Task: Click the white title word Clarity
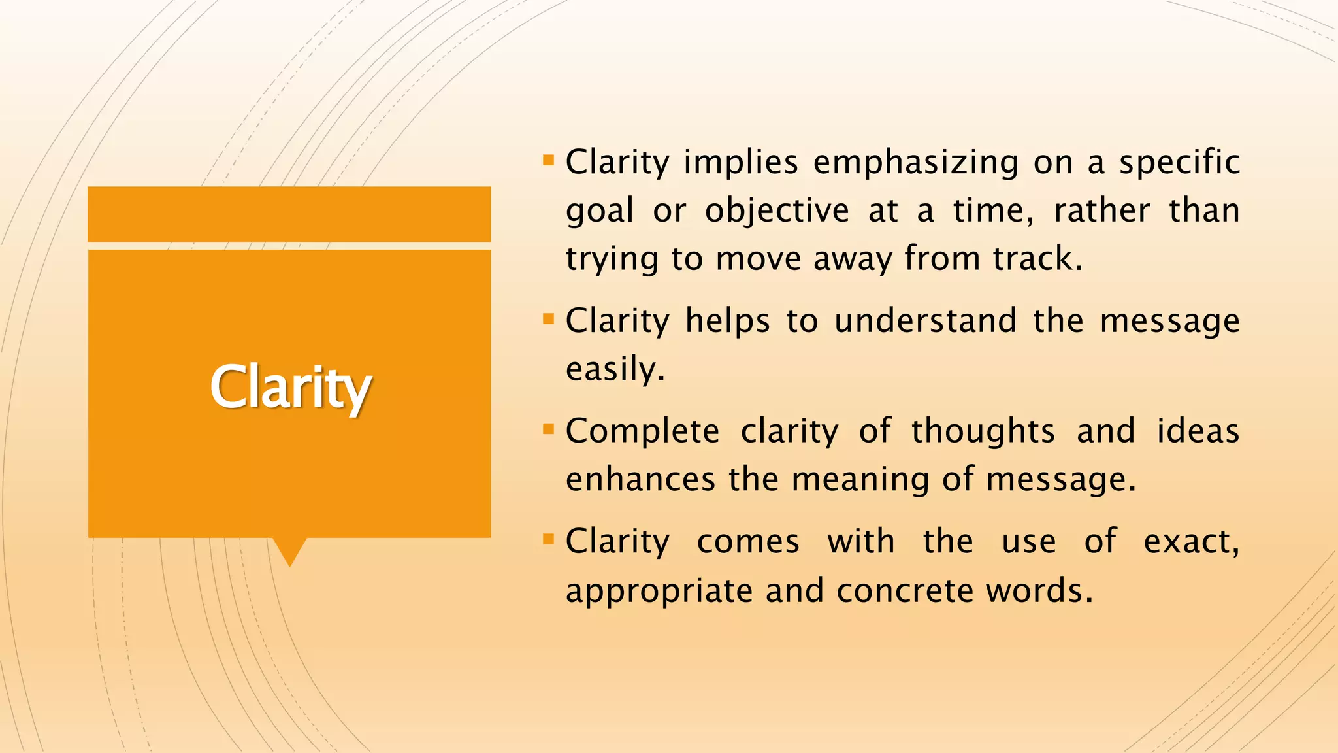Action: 291,388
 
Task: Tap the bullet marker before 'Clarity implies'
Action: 548,159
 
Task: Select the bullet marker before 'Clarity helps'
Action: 548,319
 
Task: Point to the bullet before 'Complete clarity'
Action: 548,429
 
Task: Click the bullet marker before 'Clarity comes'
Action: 548,540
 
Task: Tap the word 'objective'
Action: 777,211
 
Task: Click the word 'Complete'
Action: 642,431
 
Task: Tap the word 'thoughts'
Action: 983,431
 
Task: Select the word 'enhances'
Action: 640,479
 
